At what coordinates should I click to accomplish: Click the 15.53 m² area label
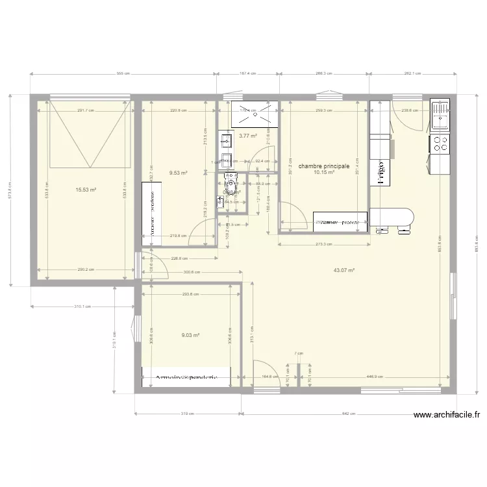click(x=86, y=190)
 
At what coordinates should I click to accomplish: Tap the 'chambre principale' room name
click(x=324, y=166)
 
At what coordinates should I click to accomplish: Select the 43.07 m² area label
click(x=344, y=269)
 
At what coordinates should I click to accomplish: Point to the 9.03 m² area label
click(x=190, y=335)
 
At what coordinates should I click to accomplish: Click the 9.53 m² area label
click(x=178, y=173)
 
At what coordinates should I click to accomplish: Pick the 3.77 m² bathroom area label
click(x=247, y=136)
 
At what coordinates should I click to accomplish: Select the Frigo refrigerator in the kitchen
click(x=379, y=173)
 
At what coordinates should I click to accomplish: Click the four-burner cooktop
click(x=439, y=144)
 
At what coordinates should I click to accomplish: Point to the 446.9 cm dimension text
click(x=375, y=376)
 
